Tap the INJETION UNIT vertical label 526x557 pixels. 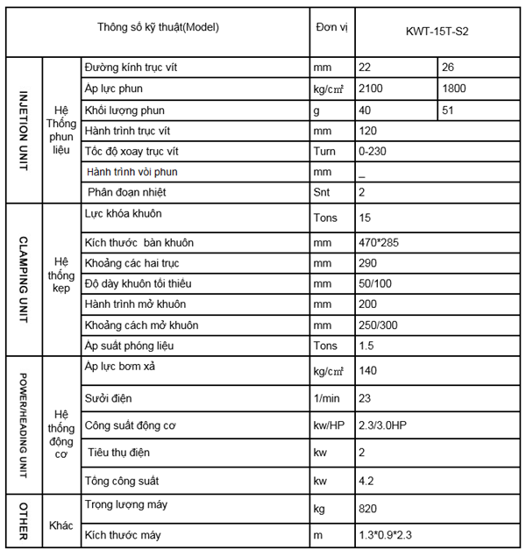(x=24, y=131)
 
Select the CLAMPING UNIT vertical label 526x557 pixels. (x=24, y=280)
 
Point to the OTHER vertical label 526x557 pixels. (x=24, y=524)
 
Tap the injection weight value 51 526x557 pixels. (x=449, y=111)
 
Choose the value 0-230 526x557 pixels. (x=373, y=150)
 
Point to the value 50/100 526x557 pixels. (x=374, y=284)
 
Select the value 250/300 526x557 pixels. (x=377, y=325)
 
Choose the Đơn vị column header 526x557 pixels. (x=331, y=27)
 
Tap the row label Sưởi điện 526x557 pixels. (x=109, y=399)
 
